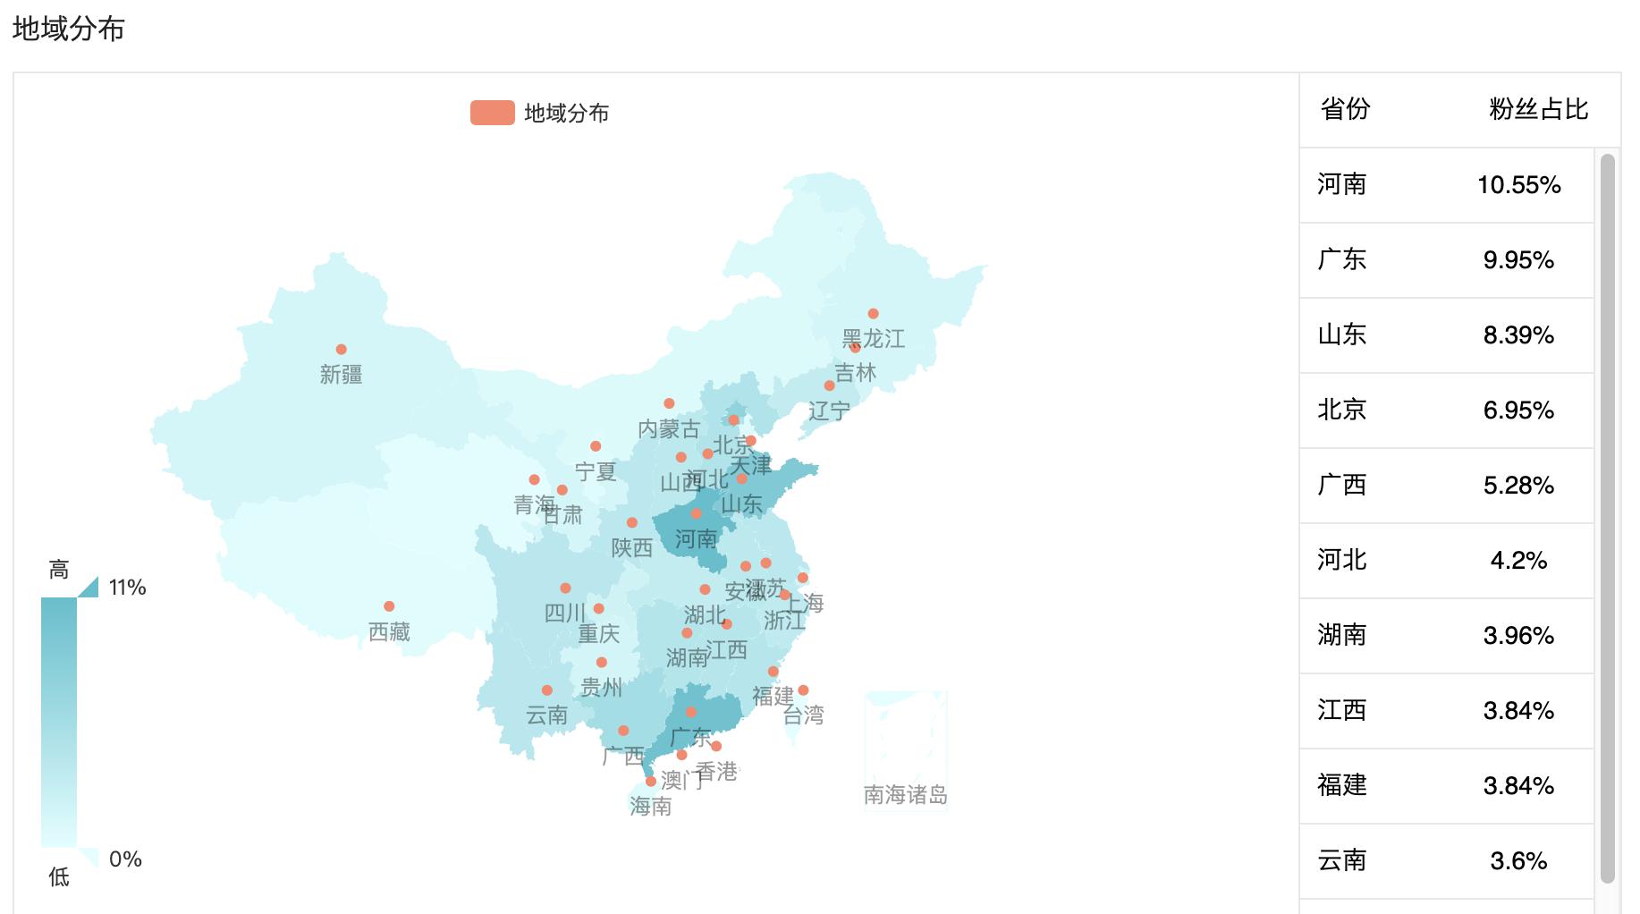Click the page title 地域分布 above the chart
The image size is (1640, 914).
pos(68,30)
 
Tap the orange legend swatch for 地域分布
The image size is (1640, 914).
pos(492,113)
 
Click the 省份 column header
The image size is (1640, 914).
pos(1345,109)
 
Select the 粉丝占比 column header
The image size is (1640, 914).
pos(1538,109)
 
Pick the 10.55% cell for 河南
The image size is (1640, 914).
pos(1518,185)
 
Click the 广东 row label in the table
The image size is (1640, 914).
pos(1341,259)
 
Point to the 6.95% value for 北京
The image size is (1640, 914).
pos(1518,410)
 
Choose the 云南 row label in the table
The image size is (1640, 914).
pos(1341,860)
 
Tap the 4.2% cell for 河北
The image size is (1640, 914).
pos(1518,561)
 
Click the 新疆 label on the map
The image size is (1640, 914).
pos(341,375)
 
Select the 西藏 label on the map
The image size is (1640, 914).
pos(389,632)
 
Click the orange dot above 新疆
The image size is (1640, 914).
pos(341,350)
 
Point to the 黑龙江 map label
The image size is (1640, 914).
pos(873,339)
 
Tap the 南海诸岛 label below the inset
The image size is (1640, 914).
pos(905,794)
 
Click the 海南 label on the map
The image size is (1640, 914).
pos(650,807)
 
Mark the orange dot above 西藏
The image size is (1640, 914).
pos(389,606)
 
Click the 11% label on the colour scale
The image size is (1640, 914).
pos(127,588)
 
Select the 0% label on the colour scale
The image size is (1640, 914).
pos(125,859)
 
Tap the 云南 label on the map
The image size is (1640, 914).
pos(546,715)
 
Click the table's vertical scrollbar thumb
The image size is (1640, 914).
pos(1607,519)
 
